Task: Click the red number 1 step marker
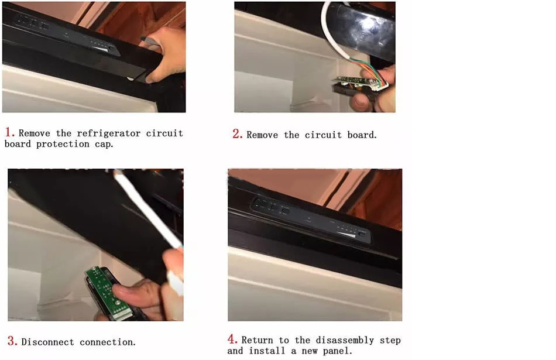[x=9, y=132]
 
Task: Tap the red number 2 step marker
[x=237, y=133]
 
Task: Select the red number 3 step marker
[x=12, y=341]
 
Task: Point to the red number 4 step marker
[x=232, y=339]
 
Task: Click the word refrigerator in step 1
[x=108, y=133]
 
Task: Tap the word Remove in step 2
[x=262, y=135]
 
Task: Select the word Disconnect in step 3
[x=47, y=342]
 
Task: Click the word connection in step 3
[x=108, y=342]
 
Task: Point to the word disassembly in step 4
[x=345, y=340]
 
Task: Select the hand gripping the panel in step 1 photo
[x=164, y=53]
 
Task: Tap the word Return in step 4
[x=257, y=340]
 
